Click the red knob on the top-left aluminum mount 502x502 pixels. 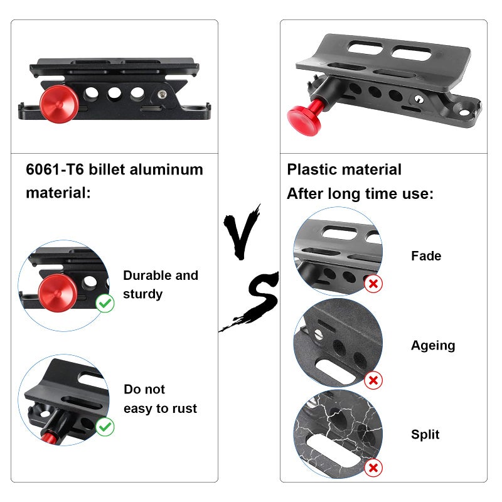pyautogui.click(x=59, y=104)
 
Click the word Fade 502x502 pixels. pyautogui.click(x=426, y=256)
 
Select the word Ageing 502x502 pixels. pyautogui.click(x=433, y=346)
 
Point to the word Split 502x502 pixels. pyautogui.click(x=425, y=434)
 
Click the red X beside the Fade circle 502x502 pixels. pyautogui.click(x=373, y=284)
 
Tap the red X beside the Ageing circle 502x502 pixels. pyautogui.click(x=373, y=380)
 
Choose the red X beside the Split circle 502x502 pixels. pyautogui.click(x=373, y=467)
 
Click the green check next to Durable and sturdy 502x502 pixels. pyautogui.click(x=105, y=303)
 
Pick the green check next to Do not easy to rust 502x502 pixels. pyautogui.click(x=105, y=427)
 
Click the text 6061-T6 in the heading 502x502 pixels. pyautogui.click(x=55, y=169)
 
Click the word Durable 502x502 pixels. pyautogui.click(x=147, y=275)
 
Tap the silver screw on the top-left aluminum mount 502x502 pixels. pyautogui.click(x=163, y=94)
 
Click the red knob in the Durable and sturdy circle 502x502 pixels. pyautogui.click(x=58, y=292)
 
